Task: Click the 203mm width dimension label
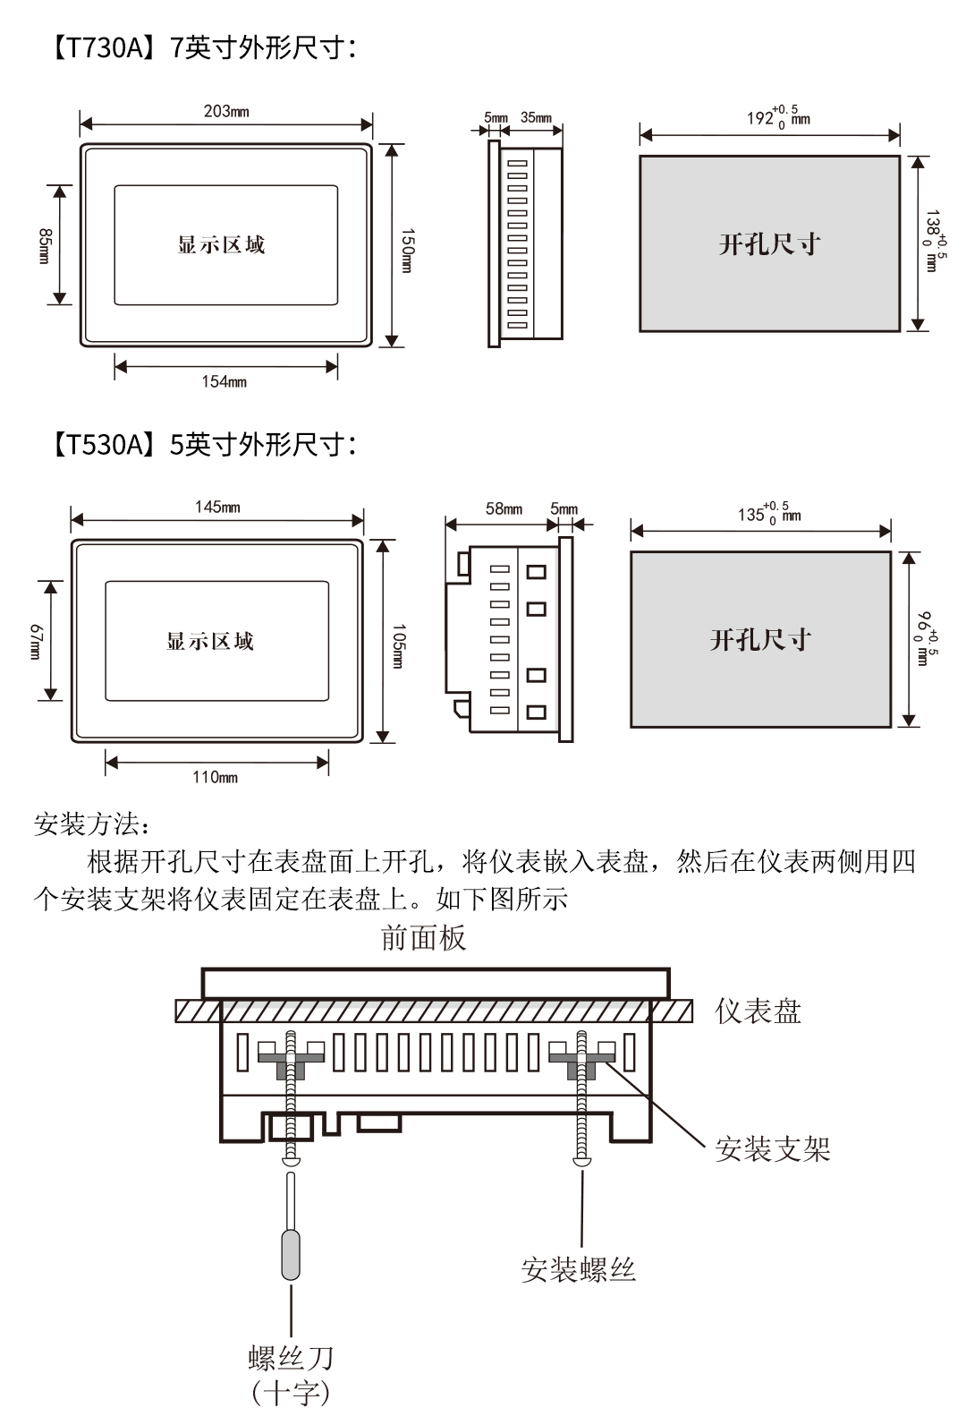226,112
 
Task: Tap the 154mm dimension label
224,382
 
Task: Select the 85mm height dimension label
44,245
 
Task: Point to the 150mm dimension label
407,250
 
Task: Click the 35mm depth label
536,118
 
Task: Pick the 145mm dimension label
217,508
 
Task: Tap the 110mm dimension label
215,778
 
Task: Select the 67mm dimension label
35,641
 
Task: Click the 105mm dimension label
399,645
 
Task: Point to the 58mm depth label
504,509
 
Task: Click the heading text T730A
100,47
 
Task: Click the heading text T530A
100,444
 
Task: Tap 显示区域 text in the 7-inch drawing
221,245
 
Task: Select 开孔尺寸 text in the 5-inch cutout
760,640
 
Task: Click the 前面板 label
423,939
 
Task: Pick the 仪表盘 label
758,1012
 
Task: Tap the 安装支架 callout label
772,1149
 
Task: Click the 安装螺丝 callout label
578,1270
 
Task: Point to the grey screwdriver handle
291,1255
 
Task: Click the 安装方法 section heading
86,824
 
